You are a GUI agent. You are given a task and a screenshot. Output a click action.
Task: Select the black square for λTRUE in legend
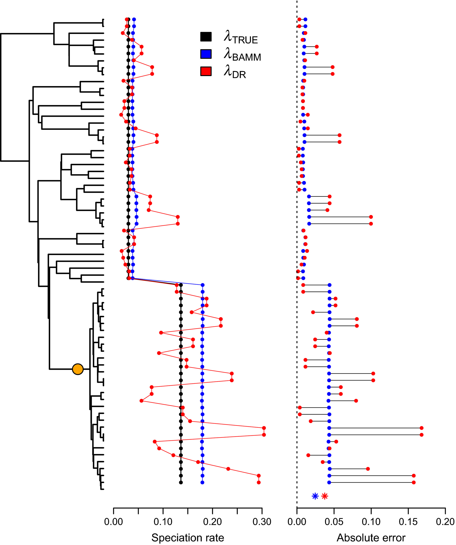coord(206,37)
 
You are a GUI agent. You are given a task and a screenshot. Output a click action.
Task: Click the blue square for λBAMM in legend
coord(206,54)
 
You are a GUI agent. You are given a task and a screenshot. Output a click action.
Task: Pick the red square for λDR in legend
coord(206,71)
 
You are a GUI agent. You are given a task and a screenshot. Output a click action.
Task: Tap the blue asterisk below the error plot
coord(315,496)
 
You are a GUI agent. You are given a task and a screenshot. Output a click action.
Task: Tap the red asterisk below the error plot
coord(325,496)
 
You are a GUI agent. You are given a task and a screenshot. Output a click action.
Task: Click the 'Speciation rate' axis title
coord(188,538)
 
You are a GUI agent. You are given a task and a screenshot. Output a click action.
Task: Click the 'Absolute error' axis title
coord(371,538)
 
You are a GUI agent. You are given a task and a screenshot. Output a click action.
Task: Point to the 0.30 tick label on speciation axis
coord(262,522)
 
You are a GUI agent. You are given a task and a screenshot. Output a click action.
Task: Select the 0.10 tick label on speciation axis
coord(163,522)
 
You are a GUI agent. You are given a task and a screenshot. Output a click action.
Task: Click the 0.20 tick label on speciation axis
coord(213,522)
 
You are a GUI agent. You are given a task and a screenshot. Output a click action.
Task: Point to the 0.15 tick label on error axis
coord(408,522)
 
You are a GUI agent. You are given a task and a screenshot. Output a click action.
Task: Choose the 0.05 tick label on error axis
coord(334,522)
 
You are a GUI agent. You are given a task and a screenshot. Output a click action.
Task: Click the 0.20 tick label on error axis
coord(445,522)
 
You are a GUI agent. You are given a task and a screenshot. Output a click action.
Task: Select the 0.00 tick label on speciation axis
coord(113,522)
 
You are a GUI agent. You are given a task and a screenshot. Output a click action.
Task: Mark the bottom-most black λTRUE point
coord(181,482)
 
